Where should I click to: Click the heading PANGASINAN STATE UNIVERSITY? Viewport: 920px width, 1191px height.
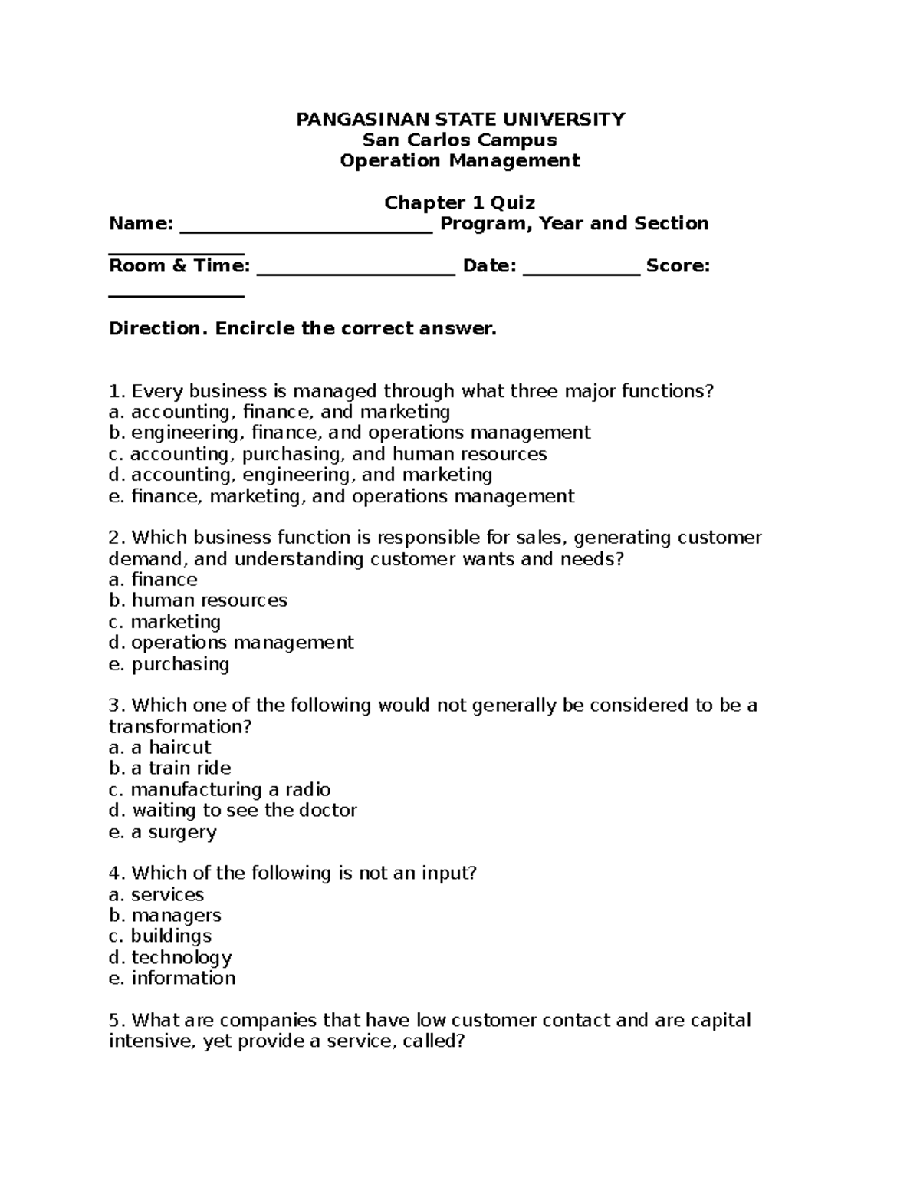coord(460,119)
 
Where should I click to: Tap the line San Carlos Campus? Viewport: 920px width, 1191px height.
coord(460,140)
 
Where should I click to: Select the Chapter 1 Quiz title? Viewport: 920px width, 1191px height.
coord(460,202)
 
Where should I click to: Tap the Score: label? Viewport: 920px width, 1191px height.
coord(678,266)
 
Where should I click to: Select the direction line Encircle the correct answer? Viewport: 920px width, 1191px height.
coord(303,329)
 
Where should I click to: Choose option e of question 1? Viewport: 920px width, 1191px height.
coord(341,496)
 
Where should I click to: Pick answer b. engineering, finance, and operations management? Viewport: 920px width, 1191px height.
coord(350,433)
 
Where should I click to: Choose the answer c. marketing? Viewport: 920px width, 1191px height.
coord(165,621)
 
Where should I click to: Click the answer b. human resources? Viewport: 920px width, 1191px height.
coord(198,600)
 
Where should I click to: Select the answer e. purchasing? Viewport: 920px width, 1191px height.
coord(169,664)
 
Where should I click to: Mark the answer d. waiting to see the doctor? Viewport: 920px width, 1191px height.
coord(232,811)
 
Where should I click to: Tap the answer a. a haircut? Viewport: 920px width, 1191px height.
coord(159,748)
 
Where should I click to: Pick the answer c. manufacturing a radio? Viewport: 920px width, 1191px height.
coord(219,790)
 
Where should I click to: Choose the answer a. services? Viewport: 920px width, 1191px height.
coord(156,895)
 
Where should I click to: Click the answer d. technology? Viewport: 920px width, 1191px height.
coord(170,958)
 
